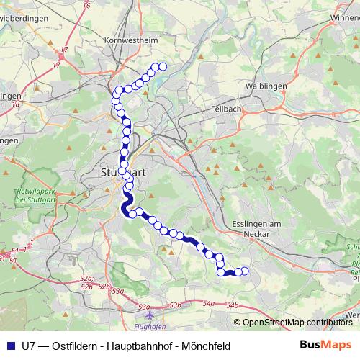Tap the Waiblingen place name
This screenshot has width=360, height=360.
tap(266, 86)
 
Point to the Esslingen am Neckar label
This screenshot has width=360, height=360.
tap(251, 229)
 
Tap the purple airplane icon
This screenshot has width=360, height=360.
tap(149, 315)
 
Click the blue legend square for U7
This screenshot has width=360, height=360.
tap(11, 346)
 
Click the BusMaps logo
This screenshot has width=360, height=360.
tap(325, 346)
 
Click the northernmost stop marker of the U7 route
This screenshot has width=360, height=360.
tap(163, 67)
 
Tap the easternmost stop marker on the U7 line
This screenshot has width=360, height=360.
tap(244, 271)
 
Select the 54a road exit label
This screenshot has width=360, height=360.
tap(208, 305)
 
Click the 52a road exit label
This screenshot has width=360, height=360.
tap(87, 277)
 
